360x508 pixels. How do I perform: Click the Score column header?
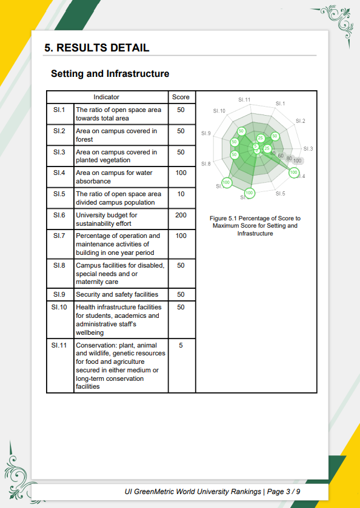(181, 97)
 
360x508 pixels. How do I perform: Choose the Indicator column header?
(107, 97)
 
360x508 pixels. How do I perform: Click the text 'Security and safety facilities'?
(117, 294)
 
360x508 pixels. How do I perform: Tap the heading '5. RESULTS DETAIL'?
(96, 48)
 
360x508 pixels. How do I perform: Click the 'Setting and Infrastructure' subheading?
(110, 74)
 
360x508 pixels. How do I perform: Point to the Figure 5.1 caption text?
(255, 226)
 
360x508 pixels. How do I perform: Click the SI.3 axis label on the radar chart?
(308, 149)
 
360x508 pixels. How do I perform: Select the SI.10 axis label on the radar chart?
(219, 111)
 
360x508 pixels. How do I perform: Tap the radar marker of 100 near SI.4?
(293, 173)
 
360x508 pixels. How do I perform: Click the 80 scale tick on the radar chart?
(289, 158)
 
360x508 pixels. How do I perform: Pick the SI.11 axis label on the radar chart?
(244, 100)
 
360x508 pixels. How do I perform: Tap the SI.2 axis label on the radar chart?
(301, 121)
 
